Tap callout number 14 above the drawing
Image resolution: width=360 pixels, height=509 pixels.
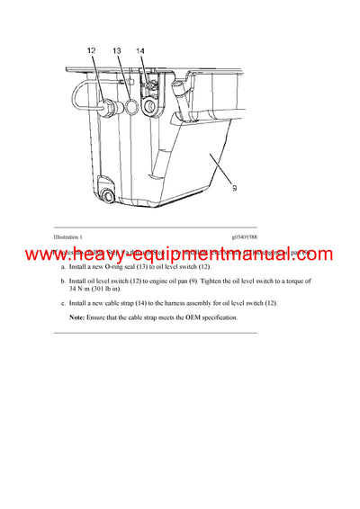click(139, 51)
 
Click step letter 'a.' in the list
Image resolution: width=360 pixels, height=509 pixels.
click(62, 268)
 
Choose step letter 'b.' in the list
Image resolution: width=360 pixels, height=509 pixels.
click(62, 281)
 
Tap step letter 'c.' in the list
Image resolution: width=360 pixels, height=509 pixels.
click(62, 302)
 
